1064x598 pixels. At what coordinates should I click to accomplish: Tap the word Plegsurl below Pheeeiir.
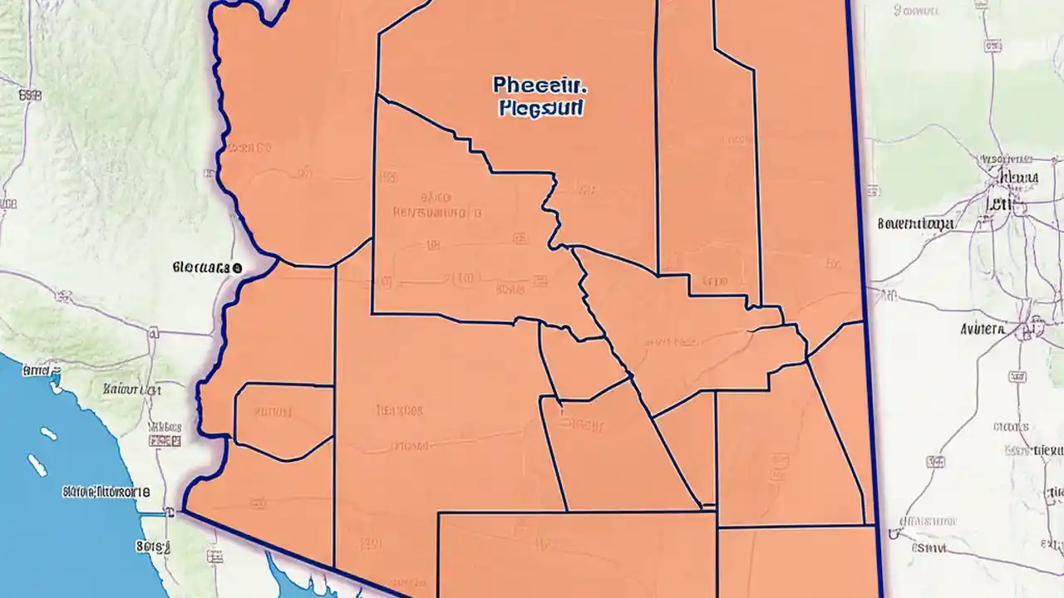click(x=541, y=109)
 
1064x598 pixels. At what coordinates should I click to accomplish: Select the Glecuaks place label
click(x=202, y=268)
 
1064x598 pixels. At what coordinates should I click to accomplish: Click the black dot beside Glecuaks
click(x=237, y=268)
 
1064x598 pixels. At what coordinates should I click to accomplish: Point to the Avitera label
click(x=983, y=329)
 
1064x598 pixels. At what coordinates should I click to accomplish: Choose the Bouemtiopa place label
click(x=915, y=223)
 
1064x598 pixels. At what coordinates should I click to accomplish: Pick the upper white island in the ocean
click(x=48, y=433)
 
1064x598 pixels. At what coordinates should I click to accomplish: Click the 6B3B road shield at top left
click(x=30, y=96)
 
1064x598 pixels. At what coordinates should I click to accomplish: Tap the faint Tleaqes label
click(x=399, y=410)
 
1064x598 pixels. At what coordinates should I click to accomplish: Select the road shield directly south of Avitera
click(x=1017, y=377)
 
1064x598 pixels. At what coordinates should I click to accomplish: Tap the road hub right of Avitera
click(x=1036, y=326)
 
